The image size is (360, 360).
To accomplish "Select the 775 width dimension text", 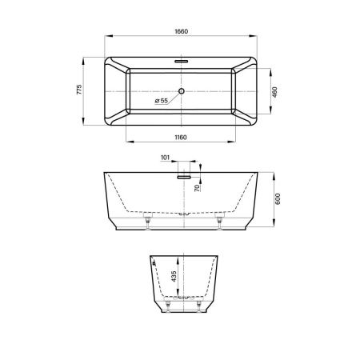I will pyautogui.click(x=79, y=91).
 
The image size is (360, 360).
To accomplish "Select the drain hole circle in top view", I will pyautogui.click(x=181, y=91).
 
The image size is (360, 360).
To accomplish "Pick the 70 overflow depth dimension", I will pyautogui.click(x=197, y=187).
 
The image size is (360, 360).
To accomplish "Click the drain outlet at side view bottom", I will pyautogui.click(x=183, y=214).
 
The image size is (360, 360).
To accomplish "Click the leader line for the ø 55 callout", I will pyautogui.click(x=173, y=96).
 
